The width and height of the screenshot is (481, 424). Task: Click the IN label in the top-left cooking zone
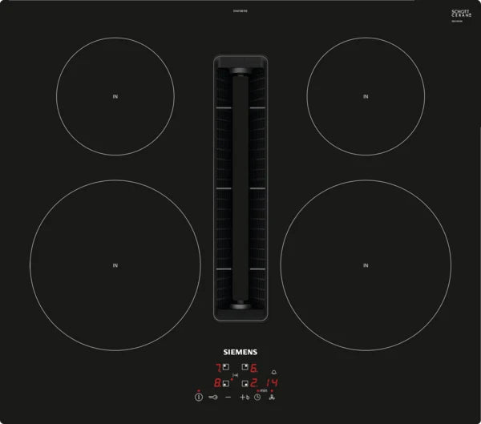coord(115,97)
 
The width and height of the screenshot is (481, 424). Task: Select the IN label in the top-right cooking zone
coord(366,97)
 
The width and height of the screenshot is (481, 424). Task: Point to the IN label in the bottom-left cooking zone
coord(115,264)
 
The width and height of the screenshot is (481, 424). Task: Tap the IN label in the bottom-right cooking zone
coord(366,264)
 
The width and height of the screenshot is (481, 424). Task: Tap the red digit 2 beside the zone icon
coord(254,384)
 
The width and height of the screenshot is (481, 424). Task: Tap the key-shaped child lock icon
coord(213,398)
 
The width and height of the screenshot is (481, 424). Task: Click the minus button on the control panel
coord(228,398)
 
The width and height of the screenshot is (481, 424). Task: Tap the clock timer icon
coord(257,398)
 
